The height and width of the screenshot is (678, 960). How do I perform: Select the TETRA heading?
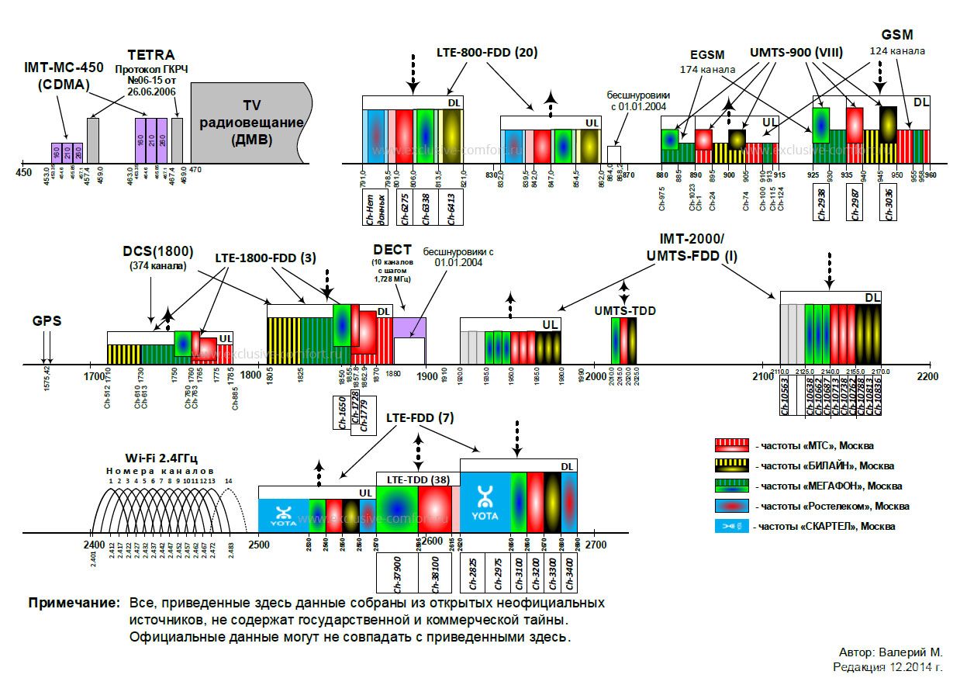pyautogui.click(x=151, y=56)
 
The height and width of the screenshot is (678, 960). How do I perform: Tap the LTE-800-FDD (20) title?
pyautogui.click(x=487, y=53)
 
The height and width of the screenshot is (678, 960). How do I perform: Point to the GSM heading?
pyautogui.click(x=897, y=35)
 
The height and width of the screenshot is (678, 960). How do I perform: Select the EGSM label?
pyautogui.click(x=706, y=55)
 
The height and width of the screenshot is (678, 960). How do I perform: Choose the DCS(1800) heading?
pyautogui.click(x=158, y=252)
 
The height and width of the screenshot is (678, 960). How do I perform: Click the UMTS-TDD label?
pyautogui.click(x=625, y=310)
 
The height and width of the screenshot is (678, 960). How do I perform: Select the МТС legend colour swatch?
pyautogui.click(x=732, y=445)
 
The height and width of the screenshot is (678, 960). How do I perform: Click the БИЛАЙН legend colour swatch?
pyautogui.click(x=732, y=465)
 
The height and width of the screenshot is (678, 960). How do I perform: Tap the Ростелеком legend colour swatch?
pyautogui.click(x=732, y=506)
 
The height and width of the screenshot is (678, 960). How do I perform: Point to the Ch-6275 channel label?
pyautogui.click(x=405, y=209)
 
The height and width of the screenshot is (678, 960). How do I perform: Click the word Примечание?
pyautogui.click(x=74, y=603)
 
